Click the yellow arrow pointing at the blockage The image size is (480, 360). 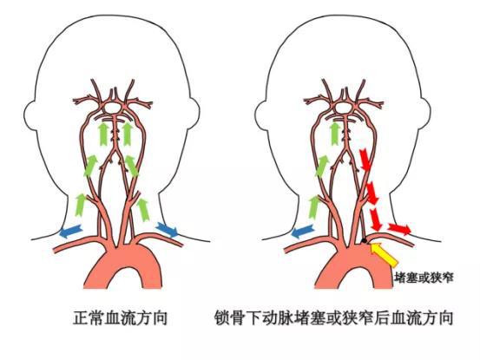point(384,254)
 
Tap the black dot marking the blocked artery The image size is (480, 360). point(364,241)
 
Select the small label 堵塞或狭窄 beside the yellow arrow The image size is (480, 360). point(424,278)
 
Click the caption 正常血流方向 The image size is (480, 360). point(121,317)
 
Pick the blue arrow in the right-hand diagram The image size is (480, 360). point(303,232)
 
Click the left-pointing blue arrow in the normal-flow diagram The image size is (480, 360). point(71,232)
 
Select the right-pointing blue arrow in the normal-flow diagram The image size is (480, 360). point(167,229)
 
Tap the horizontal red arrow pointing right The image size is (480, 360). point(399,229)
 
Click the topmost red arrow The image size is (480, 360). point(365,160)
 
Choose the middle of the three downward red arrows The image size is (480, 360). point(372,193)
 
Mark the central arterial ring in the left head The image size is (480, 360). point(111,108)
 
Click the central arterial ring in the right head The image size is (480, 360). point(343,108)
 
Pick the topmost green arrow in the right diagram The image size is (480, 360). point(336,134)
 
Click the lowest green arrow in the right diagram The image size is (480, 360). point(314,207)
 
